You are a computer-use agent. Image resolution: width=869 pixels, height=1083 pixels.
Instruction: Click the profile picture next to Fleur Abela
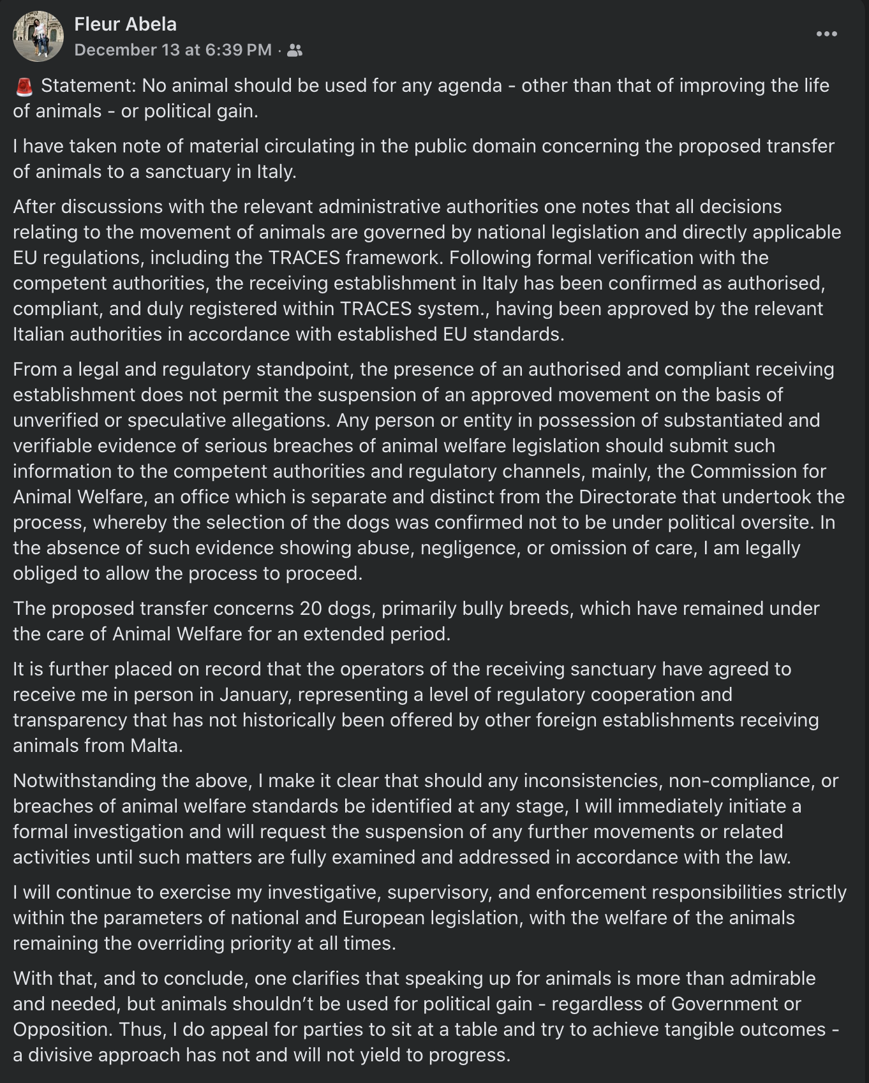[x=38, y=36]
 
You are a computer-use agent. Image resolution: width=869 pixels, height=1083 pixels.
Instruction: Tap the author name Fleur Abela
[x=125, y=24]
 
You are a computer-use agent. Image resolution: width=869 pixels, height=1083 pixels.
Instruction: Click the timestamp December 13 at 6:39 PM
[x=173, y=50]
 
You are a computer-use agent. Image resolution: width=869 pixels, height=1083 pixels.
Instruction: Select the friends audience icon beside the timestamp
[x=295, y=50]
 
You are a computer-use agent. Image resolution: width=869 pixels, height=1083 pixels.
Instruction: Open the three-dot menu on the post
[x=826, y=34]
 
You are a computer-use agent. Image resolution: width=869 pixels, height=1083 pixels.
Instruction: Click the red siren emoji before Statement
[x=24, y=86]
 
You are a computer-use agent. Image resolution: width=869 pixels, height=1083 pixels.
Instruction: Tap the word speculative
[x=171, y=420]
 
